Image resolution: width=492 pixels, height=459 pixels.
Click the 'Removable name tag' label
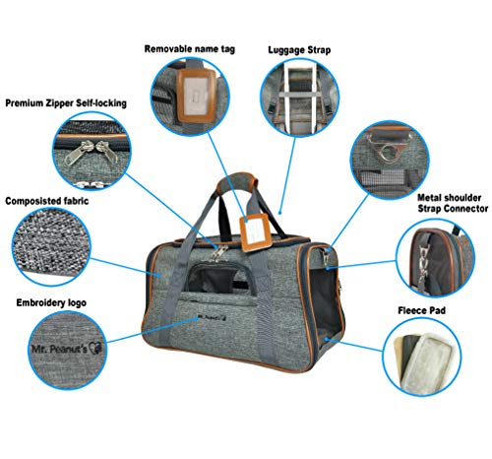click(190, 49)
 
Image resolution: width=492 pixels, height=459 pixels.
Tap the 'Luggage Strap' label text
click(299, 50)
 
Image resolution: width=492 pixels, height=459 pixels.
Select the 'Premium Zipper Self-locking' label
click(66, 103)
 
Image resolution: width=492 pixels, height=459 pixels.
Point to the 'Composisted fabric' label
click(47, 201)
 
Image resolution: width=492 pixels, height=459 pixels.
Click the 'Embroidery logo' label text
click(51, 302)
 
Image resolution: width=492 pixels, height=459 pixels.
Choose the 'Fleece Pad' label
click(421, 310)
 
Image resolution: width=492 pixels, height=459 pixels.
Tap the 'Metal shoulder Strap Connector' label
click(453, 203)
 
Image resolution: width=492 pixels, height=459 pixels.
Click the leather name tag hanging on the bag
click(256, 232)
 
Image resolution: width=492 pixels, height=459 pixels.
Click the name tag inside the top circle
click(196, 96)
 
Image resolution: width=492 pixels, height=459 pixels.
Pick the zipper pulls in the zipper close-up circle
click(92, 151)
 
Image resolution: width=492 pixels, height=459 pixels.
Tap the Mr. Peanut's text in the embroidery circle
click(59, 349)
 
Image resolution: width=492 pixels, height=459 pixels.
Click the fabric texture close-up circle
click(51, 246)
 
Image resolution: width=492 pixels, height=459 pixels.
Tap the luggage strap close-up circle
click(299, 98)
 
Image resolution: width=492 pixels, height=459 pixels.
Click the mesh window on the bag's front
click(219, 278)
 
